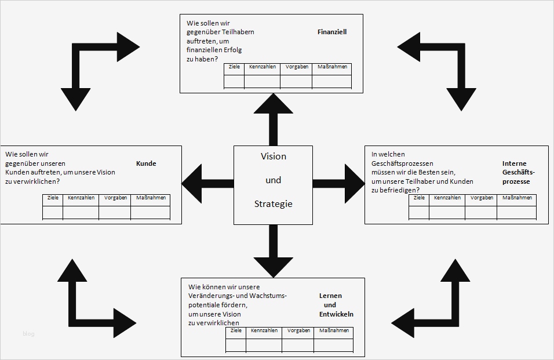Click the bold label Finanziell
point(332,32)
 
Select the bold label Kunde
point(146,163)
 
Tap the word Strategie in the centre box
point(273,204)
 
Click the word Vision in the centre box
point(273,157)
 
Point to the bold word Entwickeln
point(336,314)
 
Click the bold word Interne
point(514,163)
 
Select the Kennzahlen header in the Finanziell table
point(263,67)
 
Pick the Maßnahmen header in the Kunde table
point(151,198)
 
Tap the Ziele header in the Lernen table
point(236,331)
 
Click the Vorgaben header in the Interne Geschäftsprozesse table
point(482,198)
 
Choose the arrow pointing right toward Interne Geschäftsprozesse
point(339,184)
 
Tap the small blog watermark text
point(29,333)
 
